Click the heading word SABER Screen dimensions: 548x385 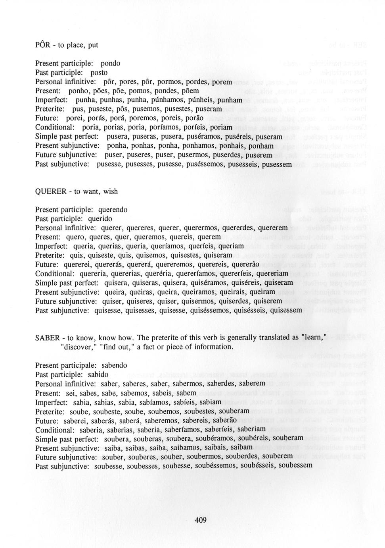tap(47, 338)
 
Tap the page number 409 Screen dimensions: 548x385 tap(201, 520)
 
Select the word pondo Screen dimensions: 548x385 tap(110, 64)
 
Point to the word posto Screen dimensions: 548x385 tap(99, 73)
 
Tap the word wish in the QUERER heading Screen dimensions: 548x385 tap(110, 191)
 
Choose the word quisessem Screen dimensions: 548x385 tap(285, 310)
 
